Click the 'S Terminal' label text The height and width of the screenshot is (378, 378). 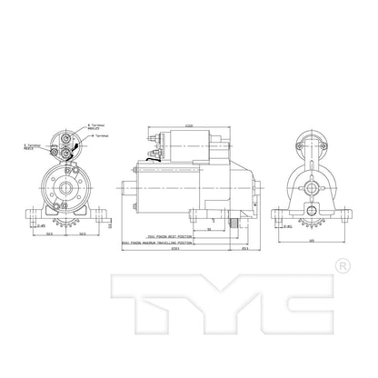pyautogui.click(x=27, y=144)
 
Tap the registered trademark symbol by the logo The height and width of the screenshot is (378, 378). pyautogui.click(x=342, y=267)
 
